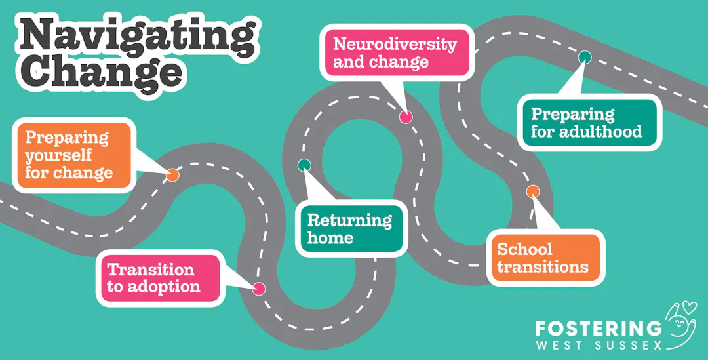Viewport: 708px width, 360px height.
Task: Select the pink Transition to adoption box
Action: [157, 278]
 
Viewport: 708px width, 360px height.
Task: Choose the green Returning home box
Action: [350, 228]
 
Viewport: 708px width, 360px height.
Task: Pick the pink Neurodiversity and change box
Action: [395, 53]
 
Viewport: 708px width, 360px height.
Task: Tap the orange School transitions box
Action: [544, 258]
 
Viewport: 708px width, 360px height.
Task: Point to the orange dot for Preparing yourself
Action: [172, 175]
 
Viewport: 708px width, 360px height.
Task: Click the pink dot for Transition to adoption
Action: [259, 289]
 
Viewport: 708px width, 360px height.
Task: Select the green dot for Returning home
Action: [304, 165]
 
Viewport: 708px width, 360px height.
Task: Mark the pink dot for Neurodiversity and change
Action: [406, 117]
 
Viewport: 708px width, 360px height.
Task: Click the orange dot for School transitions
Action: [533, 191]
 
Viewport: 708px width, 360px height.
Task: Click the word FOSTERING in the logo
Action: [599, 329]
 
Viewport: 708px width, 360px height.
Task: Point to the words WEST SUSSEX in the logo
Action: [599, 344]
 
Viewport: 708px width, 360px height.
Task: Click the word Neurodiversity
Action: [395, 44]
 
